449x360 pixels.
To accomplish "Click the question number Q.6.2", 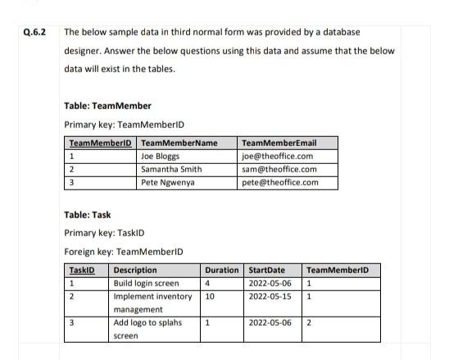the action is pyautogui.click(x=35, y=33).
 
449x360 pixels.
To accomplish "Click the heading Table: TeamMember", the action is pyautogui.click(x=107, y=106).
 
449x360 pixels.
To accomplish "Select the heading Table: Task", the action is pyautogui.click(x=87, y=215).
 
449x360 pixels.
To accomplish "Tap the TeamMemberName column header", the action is pyautogui.click(x=179, y=143).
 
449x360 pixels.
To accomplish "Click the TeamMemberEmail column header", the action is pyautogui.click(x=279, y=143).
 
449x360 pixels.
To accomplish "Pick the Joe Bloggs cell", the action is pyautogui.click(x=161, y=156).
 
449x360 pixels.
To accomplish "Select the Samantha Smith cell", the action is pyautogui.click(x=171, y=169).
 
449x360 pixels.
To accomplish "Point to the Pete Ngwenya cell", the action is pyautogui.click(x=167, y=182).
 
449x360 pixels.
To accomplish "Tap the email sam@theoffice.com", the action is pyautogui.click(x=279, y=169).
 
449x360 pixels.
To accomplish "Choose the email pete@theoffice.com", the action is pyautogui.click(x=280, y=182).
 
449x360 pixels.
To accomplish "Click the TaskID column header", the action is pyautogui.click(x=82, y=270).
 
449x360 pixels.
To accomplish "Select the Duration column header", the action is pyautogui.click(x=221, y=270).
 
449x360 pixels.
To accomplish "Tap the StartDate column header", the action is pyautogui.click(x=266, y=270).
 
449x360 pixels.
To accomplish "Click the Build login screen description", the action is pyautogui.click(x=146, y=283).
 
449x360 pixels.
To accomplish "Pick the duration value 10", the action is pyautogui.click(x=210, y=296).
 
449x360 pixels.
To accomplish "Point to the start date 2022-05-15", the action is pyautogui.click(x=270, y=296).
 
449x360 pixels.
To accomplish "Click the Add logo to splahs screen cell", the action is pyautogui.click(x=147, y=329).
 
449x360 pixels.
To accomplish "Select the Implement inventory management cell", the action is pyautogui.click(x=152, y=303).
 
